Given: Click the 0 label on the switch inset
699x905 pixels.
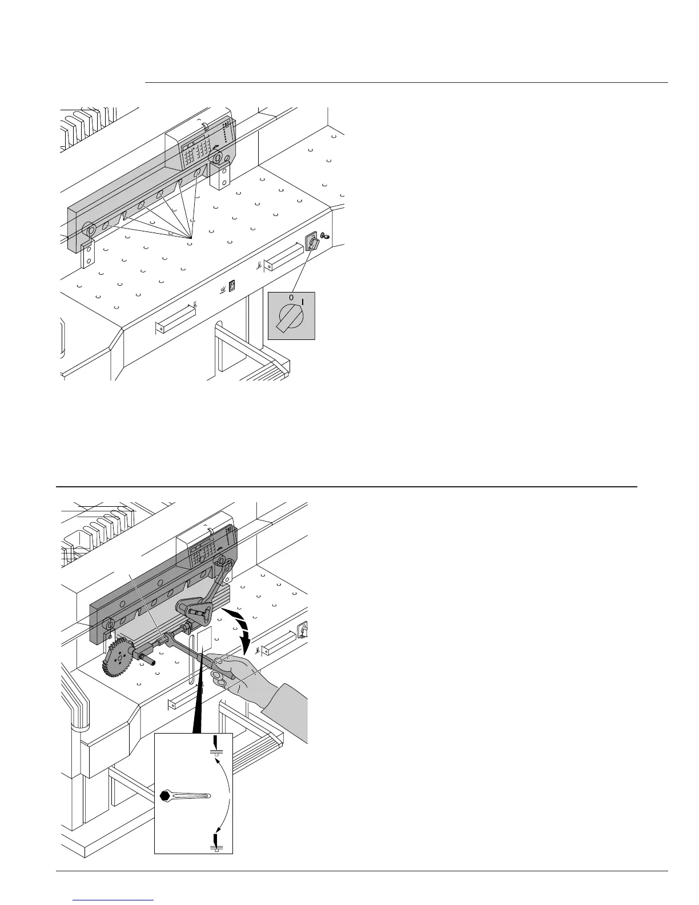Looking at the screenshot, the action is click(291, 298).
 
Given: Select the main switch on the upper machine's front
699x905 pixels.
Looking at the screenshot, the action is click(312, 242).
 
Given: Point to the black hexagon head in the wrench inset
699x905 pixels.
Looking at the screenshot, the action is click(166, 796).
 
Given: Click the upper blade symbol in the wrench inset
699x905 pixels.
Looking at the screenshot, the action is click(216, 746).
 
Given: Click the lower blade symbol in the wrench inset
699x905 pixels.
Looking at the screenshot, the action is click(216, 843).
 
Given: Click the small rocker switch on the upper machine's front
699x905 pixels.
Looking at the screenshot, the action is click(232, 286).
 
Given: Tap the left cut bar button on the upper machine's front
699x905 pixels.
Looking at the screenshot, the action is click(175, 318).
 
